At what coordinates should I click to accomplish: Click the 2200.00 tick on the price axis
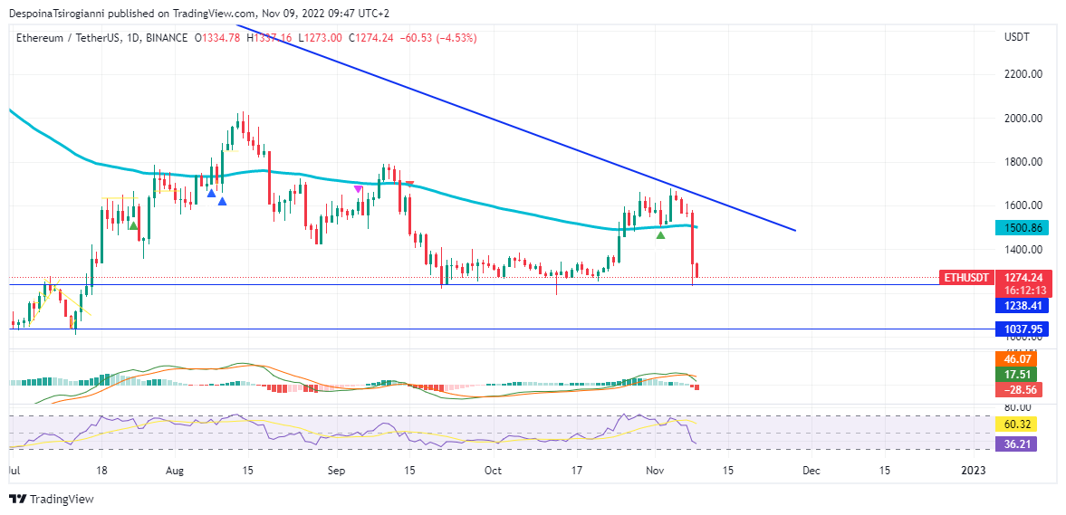[1023, 74]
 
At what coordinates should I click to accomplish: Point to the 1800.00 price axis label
[1023, 162]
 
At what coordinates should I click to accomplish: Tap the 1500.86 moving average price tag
[1022, 228]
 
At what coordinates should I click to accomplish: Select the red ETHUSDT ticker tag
[966, 278]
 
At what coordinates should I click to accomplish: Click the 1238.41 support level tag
[1022, 307]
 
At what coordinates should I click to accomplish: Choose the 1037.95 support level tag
[1022, 329]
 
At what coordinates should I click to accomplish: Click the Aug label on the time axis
[176, 471]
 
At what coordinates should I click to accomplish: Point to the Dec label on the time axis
[812, 471]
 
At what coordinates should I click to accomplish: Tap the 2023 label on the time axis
[973, 471]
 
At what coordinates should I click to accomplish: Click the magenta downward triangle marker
[359, 189]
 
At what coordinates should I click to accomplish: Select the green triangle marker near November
[661, 235]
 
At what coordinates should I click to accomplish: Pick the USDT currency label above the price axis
[1016, 38]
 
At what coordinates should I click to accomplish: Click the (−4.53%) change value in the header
[457, 38]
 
